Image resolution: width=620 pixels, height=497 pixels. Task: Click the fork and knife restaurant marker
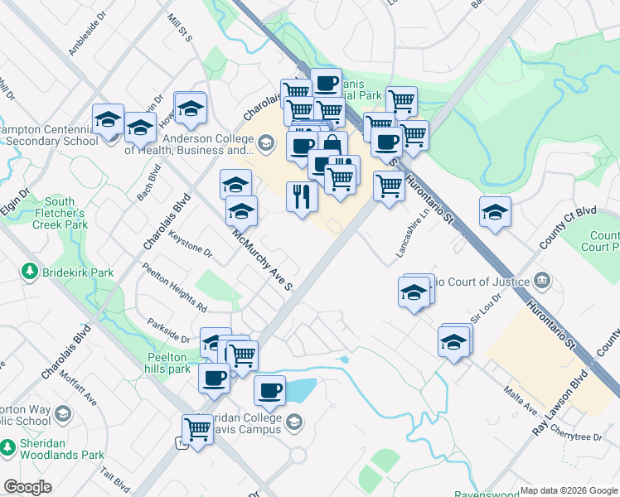point(302,197)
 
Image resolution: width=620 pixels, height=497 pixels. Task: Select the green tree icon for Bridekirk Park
point(30,272)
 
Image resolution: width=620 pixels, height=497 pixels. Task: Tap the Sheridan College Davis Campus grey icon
point(293,425)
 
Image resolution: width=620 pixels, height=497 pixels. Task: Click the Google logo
point(27,487)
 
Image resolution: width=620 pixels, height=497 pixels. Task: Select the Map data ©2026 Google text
point(569,490)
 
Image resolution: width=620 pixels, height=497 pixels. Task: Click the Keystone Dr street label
point(190,243)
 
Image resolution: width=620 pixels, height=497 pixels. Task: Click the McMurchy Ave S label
point(263,260)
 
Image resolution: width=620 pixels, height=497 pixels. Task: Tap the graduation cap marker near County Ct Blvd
point(495,212)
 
